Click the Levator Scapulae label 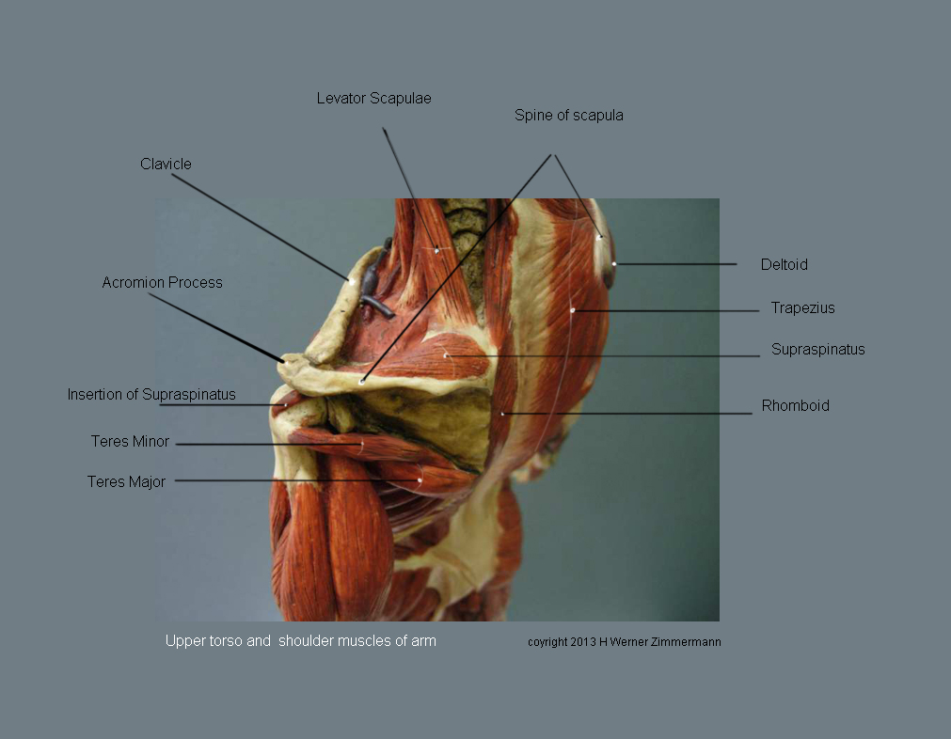coord(373,98)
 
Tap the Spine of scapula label coord(568,116)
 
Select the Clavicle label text coord(166,164)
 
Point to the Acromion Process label coord(162,282)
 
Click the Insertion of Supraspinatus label coord(151,394)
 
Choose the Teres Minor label coord(130,441)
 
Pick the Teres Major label coord(126,481)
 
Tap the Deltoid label coord(784,264)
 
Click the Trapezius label coord(802,307)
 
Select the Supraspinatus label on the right coord(817,350)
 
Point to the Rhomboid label coord(795,406)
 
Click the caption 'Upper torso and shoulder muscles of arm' coord(300,641)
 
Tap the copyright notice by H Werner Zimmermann coord(624,642)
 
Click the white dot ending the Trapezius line coord(572,310)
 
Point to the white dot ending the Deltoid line coord(614,264)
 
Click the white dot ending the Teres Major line coord(420,481)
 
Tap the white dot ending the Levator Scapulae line coord(436,250)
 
